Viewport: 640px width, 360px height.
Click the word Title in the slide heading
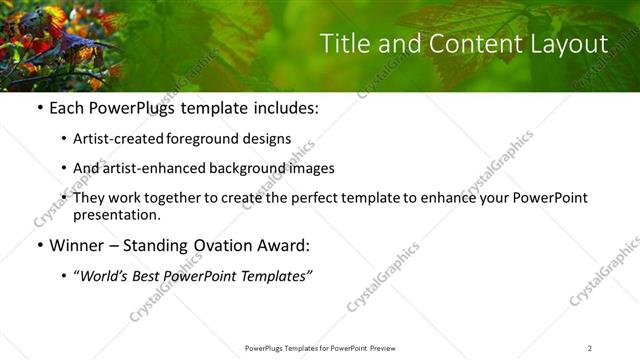[343, 44]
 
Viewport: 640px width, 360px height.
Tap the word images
[311, 168]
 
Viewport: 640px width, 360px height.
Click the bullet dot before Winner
[39, 245]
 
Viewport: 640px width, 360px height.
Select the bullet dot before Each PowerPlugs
[39, 107]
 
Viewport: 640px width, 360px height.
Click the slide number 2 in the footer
[589, 348]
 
